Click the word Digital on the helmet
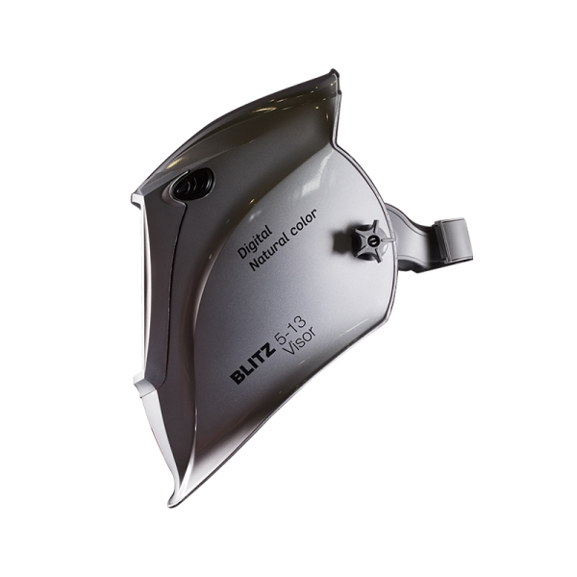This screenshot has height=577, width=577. [255, 241]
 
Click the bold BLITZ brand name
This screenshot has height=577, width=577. [253, 364]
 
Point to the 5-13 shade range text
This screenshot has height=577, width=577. [289, 332]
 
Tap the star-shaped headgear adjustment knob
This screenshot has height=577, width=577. [369, 241]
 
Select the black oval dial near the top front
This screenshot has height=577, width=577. [192, 185]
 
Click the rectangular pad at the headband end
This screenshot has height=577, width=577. [452, 240]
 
